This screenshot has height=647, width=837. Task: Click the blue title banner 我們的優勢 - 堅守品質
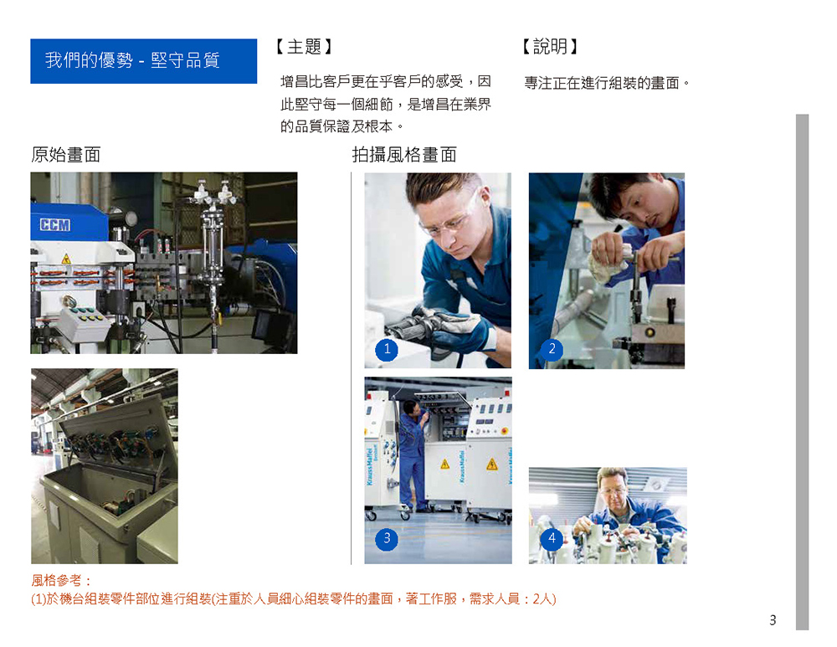(x=144, y=61)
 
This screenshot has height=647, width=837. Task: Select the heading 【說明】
(x=551, y=47)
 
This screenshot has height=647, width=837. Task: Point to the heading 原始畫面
(x=65, y=155)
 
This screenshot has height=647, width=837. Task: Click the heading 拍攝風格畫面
(x=404, y=155)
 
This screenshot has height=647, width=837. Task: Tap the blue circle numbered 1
(x=387, y=350)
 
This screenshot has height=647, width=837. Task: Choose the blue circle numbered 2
(x=552, y=350)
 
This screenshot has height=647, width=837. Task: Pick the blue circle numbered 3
(x=387, y=539)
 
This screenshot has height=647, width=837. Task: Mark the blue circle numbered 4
(x=552, y=539)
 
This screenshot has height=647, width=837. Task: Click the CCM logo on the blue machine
(x=54, y=225)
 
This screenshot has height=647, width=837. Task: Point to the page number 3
(x=773, y=620)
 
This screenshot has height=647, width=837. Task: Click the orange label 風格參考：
(x=61, y=581)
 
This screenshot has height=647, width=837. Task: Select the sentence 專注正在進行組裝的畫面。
(x=607, y=83)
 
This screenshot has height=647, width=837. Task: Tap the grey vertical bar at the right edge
(x=802, y=372)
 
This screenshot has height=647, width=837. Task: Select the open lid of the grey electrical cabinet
(x=117, y=440)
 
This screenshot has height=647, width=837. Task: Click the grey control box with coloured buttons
(x=83, y=322)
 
